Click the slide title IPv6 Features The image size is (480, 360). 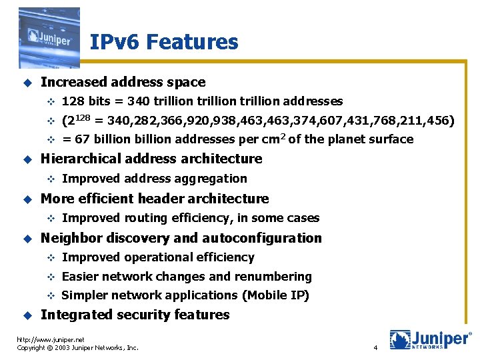[x=163, y=43]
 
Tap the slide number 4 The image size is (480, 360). [x=375, y=348]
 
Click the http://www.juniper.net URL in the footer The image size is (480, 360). [x=51, y=339]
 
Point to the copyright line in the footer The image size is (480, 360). [x=77, y=348]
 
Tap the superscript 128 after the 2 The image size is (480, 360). [x=83, y=117]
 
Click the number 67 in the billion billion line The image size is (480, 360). [x=83, y=139]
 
